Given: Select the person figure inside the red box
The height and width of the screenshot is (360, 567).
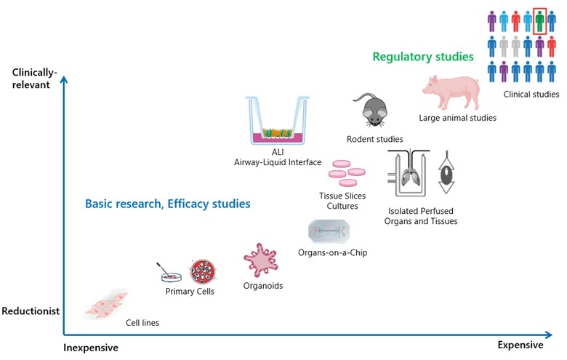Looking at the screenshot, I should (x=539, y=21).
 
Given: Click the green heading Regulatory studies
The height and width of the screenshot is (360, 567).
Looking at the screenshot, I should (x=423, y=57).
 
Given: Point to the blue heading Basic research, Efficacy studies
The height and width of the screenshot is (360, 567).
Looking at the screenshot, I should (x=168, y=204).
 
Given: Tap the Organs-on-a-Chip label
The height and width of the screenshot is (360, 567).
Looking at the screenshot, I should (x=333, y=253).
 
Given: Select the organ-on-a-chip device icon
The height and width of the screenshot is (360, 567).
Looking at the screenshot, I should (x=333, y=232).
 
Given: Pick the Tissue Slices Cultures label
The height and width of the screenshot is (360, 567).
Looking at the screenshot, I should (x=342, y=201).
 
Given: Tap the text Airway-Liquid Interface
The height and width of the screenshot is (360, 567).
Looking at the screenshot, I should (x=278, y=161).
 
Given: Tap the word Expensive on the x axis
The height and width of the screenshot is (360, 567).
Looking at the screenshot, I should (x=520, y=345).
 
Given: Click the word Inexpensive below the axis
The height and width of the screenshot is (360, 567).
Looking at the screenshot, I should (x=91, y=348).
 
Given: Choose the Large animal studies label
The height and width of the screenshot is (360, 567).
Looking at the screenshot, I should (x=458, y=118).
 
